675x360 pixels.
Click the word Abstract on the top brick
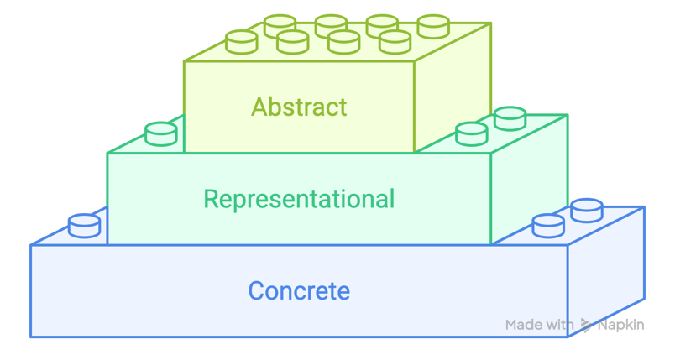pos(299,107)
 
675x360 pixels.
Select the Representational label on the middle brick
pos(299,200)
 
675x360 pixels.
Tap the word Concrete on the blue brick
pos(299,291)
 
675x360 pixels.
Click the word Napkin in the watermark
pos(620,325)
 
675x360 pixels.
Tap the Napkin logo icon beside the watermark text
pos(586,326)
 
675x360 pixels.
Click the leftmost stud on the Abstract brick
pos(241,41)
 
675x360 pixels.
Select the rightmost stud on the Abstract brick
pos(433,26)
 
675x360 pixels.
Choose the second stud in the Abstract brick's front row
pos(292,41)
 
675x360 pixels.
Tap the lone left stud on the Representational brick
pos(161,133)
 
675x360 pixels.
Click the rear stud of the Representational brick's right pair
pos(510,117)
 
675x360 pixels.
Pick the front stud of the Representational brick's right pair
pos(471,133)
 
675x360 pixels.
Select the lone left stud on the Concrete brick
pos(84,226)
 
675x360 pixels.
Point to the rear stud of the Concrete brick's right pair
pos(586,210)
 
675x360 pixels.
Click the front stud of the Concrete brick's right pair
pos(548,226)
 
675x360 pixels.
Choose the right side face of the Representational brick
pos(529,180)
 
